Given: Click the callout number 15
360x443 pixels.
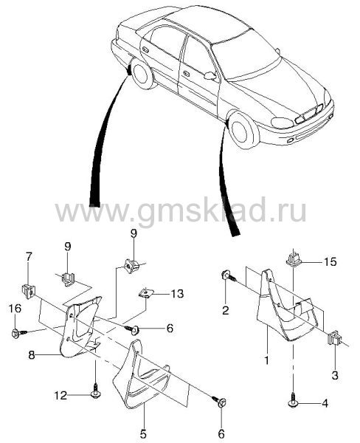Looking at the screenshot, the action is [330, 262].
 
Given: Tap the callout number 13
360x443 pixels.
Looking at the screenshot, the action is [177, 294].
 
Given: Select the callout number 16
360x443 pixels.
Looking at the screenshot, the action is [15, 308].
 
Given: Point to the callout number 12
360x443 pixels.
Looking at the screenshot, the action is [60, 395].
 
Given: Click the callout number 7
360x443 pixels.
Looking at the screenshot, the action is [29, 257].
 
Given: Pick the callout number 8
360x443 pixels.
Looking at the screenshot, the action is [31, 355].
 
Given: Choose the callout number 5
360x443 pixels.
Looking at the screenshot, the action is [143, 433].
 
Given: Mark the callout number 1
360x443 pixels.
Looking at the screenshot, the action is [266, 360].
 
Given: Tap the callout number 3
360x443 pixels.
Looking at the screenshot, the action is [335, 375].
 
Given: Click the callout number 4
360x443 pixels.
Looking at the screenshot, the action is [325, 403].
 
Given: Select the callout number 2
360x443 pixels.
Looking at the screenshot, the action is [225, 311].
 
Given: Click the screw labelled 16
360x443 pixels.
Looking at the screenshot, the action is [19, 334].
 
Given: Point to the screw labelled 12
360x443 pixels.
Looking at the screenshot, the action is [95, 391].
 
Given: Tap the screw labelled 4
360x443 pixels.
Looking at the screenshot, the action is [293, 399].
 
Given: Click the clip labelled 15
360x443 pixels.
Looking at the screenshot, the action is [294, 259].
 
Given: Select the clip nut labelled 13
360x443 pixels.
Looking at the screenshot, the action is [145, 293].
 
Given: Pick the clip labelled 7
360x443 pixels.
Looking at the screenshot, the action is [28, 290].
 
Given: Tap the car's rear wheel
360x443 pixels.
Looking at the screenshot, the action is [142, 74].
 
